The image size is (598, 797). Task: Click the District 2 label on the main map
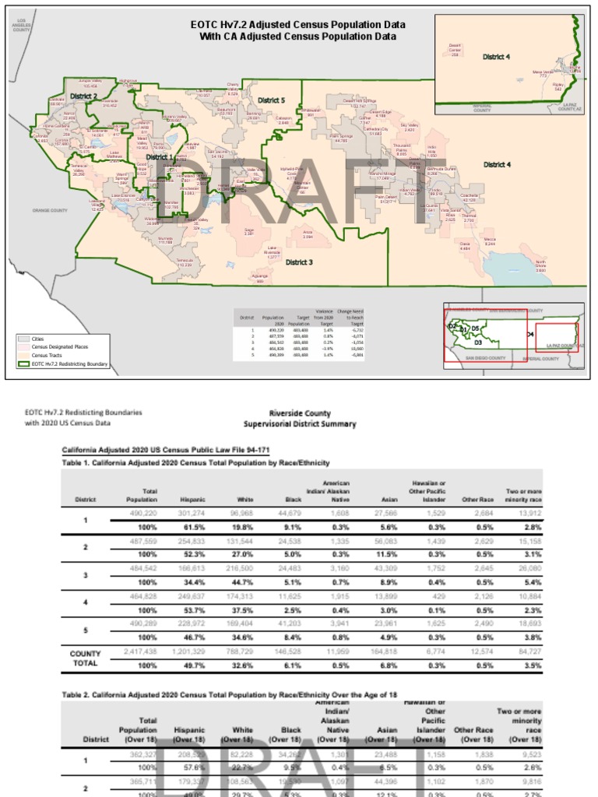83,96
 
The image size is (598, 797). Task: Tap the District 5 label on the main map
272,100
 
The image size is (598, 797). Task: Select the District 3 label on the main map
297,262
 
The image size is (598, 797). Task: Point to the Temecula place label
184,262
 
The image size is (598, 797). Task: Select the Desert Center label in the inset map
456,49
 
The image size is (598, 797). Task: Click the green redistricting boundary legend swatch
24,363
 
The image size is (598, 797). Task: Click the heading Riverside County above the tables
300,413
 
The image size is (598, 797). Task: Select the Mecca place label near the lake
490,241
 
